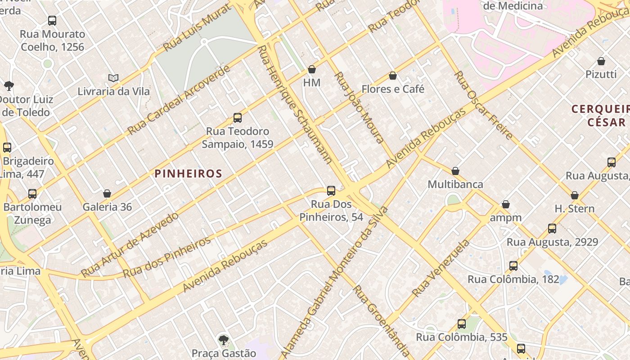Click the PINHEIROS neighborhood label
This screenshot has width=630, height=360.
tap(189, 174)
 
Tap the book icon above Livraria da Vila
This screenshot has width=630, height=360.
tap(113, 78)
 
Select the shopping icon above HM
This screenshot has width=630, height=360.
tap(312, 69)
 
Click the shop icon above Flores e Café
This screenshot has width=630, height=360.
tap(393, 76)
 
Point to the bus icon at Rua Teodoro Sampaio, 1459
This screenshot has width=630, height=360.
tap(238, 118)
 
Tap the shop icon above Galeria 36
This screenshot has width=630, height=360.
tap(107, 193)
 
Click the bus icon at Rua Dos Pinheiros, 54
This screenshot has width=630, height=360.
tap(331, 191)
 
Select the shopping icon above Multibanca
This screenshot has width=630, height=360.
tap(455, 171)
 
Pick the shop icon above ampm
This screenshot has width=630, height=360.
tap(506, 204)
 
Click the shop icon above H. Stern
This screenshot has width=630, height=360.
tap(575, 195)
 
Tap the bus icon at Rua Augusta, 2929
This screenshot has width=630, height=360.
tap(552, 229)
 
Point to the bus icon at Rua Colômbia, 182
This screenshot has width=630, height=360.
tap(513, 266)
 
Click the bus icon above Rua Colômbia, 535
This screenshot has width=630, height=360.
tap(462, 324)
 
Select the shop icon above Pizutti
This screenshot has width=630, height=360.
tap(601, 61)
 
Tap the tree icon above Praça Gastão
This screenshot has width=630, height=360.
tap(223, 340)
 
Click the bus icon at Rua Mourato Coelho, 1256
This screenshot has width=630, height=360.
tap(52, 21)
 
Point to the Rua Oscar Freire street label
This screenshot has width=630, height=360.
tap(483, 105)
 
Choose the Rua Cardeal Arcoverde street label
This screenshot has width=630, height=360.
tap(179, 100)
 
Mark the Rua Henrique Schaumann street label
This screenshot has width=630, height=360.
tap(295, 104)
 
